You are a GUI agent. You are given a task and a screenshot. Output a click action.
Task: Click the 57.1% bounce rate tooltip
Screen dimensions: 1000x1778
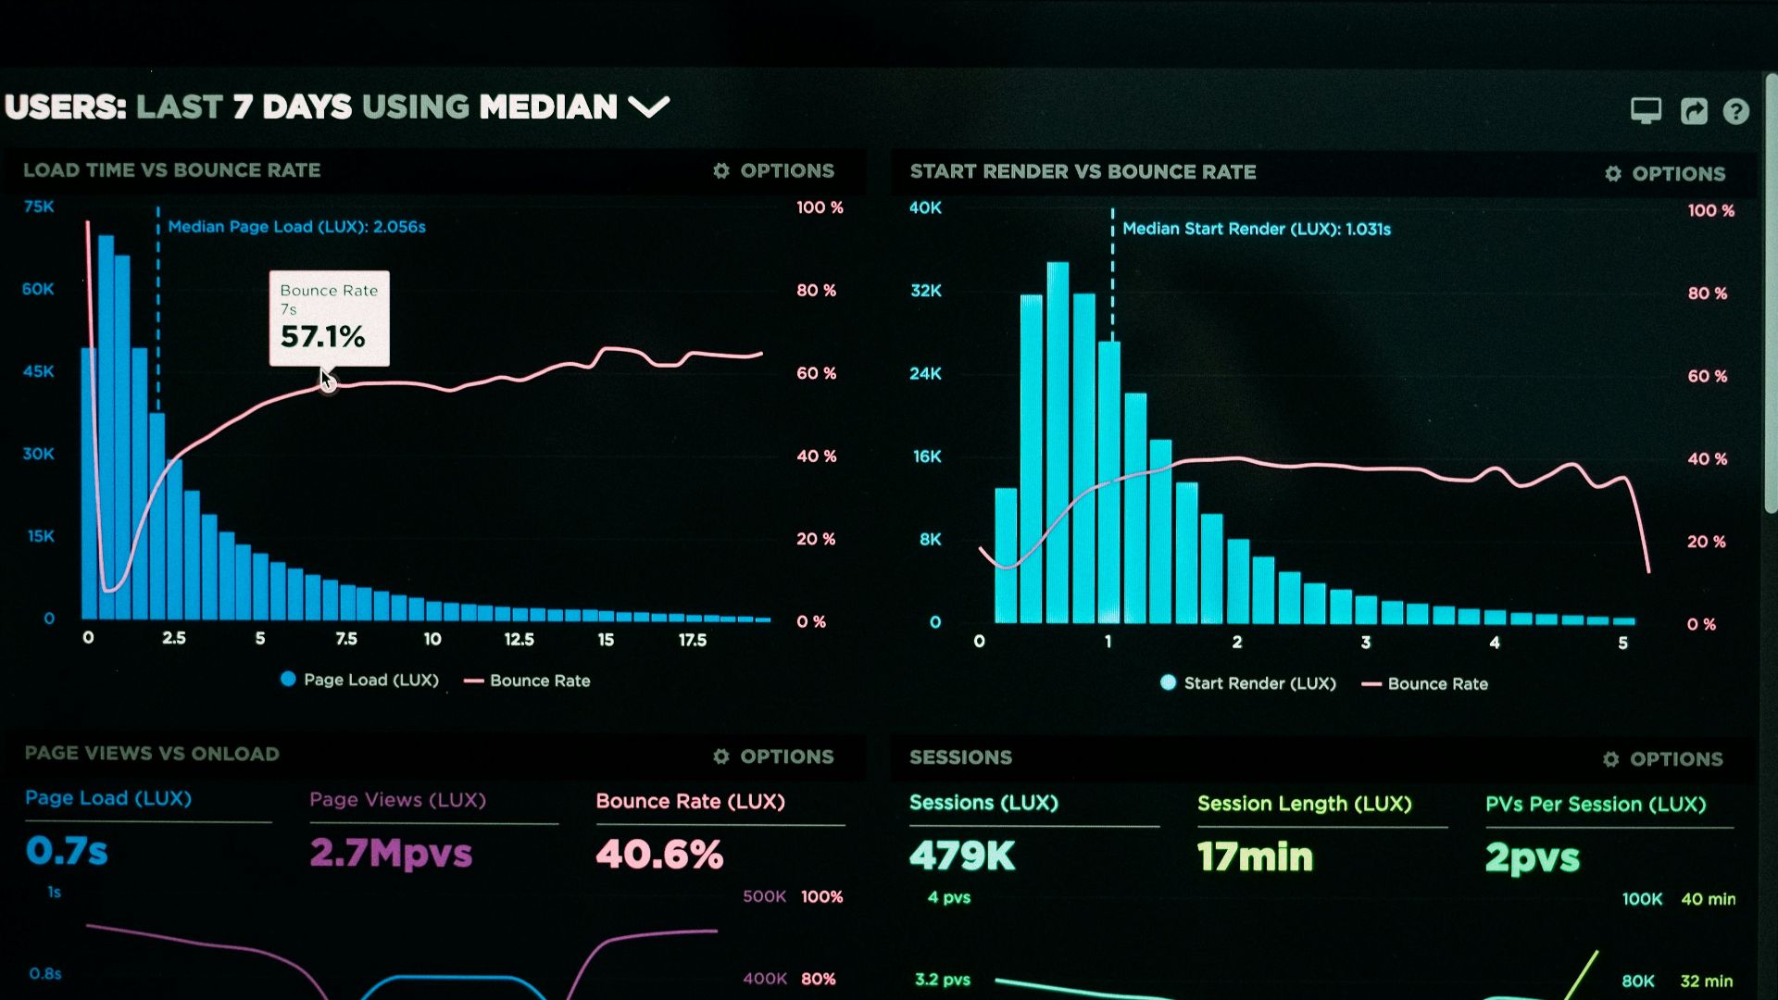[x=329, y=318]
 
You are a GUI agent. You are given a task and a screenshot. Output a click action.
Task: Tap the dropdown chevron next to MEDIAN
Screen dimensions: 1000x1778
[x=648, y=107]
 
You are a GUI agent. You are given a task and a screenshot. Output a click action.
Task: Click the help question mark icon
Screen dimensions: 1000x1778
[x=1735, y=112]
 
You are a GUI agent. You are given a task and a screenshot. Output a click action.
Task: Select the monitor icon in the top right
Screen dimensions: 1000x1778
[x=1646, y=111]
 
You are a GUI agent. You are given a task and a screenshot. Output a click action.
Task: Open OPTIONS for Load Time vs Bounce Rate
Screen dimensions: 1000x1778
[x=774, y=170]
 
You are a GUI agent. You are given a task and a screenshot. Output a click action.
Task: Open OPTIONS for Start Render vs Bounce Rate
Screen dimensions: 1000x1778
[x=1665, y=173]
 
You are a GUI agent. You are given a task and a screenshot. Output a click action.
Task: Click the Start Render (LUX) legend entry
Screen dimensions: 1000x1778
[x=1247, y=683]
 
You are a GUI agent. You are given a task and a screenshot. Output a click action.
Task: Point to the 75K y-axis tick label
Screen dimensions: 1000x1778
[x=39, y=206]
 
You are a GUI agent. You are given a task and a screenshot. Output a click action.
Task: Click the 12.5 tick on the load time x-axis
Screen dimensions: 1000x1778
[x=519, y=639]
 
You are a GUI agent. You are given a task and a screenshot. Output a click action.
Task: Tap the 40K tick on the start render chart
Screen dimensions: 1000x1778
[x=925, y=207]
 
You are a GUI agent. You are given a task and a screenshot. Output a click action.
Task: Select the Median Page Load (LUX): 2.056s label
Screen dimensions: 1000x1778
[x=296, y=227]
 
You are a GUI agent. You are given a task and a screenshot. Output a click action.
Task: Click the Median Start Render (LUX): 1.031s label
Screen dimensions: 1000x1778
[x=1256, y=229]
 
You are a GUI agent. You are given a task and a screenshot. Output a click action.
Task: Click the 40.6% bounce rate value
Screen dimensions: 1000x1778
[x=659, y=854]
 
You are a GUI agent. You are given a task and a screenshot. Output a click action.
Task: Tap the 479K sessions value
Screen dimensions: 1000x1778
[x=962, y=856]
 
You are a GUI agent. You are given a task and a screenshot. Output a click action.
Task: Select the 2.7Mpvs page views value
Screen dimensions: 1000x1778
[x=391, y=853]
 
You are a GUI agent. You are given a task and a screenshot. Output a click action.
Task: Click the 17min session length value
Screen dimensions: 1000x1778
[x=1255, y=856]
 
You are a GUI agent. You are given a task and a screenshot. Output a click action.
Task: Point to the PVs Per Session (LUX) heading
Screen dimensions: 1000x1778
[x=1595, y=804]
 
